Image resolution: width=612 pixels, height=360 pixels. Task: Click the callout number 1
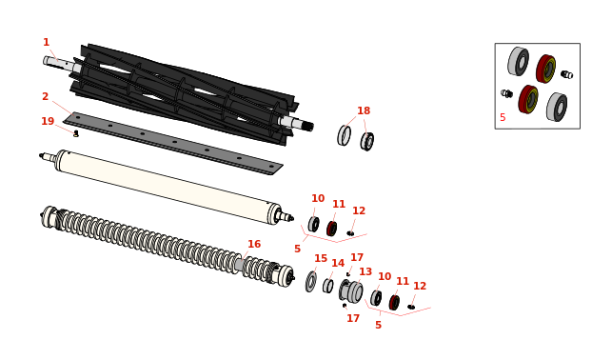point(46,42)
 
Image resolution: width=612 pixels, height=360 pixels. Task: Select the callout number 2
point(46,96)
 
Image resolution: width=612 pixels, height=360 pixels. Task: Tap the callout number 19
point(48,122)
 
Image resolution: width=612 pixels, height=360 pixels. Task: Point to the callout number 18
point(364,110)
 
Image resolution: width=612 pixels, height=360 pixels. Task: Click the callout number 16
point(254,244)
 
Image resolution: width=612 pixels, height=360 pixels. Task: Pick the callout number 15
point(321,258)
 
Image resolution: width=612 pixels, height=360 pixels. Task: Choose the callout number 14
point(338,264)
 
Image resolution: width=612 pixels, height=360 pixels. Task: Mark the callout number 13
point(365,271)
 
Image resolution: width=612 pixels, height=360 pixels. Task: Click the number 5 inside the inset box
point(503,117)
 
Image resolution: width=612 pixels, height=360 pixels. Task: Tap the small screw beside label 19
point(76,134)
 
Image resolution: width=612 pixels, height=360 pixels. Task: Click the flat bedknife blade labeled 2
point(173,143)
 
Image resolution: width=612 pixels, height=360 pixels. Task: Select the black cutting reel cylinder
point(184,93)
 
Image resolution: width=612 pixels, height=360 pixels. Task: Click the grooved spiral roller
point(168,246)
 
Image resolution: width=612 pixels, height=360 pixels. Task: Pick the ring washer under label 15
point(311,282)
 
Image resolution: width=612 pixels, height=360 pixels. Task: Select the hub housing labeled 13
point(351,290)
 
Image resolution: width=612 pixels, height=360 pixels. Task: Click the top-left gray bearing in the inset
point(519,61)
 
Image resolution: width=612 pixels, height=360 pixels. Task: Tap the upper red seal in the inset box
point(546,69)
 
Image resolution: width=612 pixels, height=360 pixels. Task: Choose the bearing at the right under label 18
point(366,141)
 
